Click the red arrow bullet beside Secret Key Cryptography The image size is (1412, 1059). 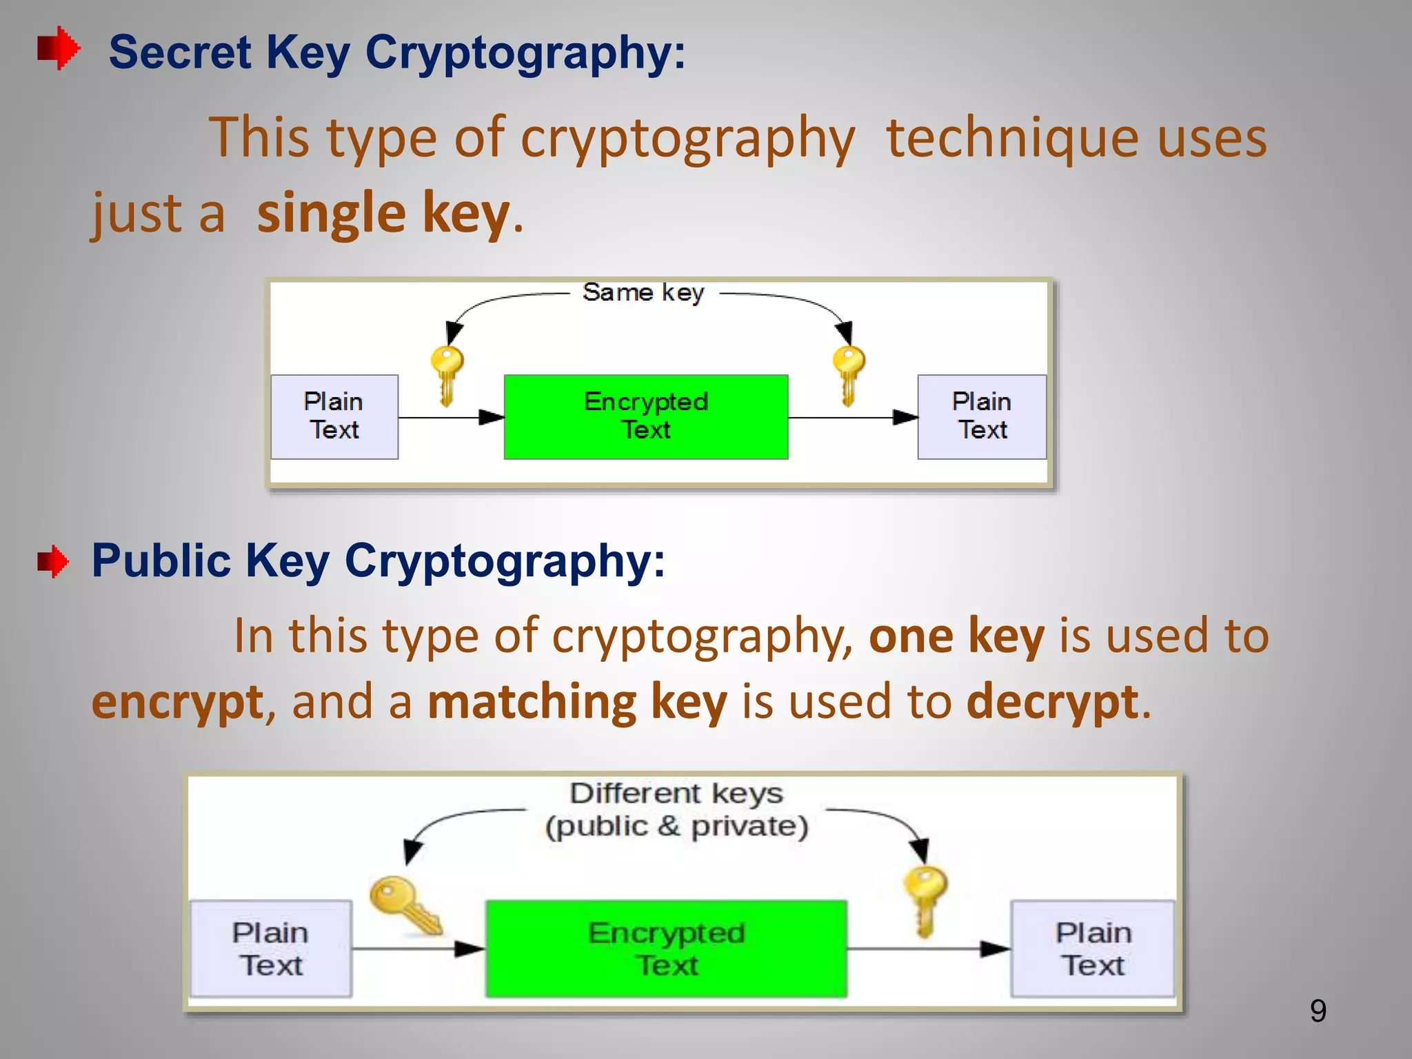point(59,48)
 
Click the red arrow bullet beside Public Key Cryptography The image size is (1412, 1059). point(53,561)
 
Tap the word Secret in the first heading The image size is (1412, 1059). point(180,52)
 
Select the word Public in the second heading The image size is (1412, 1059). point(161,560)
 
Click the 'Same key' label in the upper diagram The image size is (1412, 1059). point(643,292)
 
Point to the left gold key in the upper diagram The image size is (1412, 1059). point(447,375)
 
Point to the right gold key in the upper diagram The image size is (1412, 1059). point(848,375)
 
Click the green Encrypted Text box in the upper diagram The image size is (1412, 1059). point(646,416)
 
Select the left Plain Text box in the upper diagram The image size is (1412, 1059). point(334,416)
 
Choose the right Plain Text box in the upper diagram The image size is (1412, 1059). point(982,416)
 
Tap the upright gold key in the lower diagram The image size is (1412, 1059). point(925,900)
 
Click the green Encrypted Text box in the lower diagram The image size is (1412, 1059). point(666,948)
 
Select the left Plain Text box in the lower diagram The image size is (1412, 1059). point(270,948)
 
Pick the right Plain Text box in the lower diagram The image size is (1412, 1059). point(1093,948)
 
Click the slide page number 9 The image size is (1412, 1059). point(1318,1011)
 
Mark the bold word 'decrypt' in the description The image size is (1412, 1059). point(1052,702)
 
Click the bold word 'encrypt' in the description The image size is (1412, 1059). point(177,702)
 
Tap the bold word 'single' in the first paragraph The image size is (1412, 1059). point(331,214)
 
